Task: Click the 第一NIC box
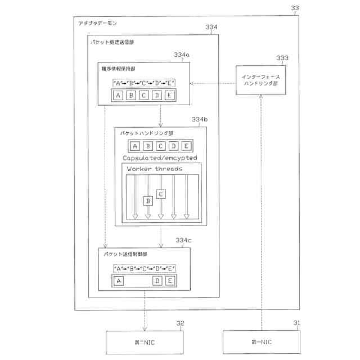click(262, 342)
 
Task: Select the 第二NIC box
click(144, 342)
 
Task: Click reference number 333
click(282, 58)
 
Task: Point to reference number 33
click(295, 8)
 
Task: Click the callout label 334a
click(182, 55)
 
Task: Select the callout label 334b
click(200, 120)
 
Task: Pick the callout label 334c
click(183, 240)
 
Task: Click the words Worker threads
click(155, 169)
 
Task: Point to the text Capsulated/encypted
click(160, 158)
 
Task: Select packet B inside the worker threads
click(148, 200)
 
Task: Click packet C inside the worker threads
click(161, 193)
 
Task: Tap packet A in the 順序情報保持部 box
click(118, 95)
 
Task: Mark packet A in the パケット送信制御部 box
click(118, 281)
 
